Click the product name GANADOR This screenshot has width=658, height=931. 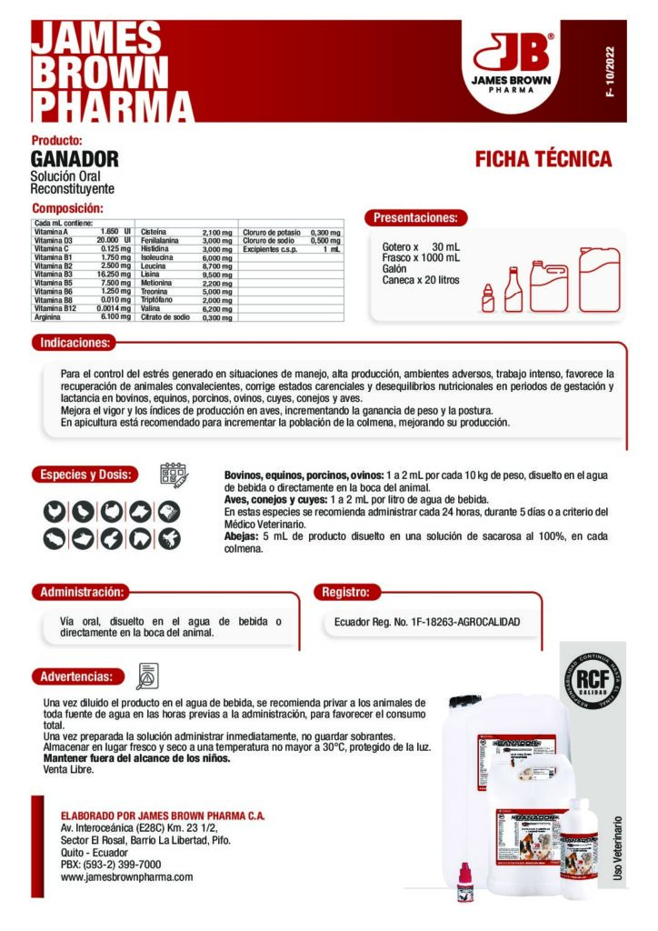[x=75, y=159]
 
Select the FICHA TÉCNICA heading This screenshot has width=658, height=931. [x=543, y=160]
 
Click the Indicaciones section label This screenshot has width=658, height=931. [x=75, y=344]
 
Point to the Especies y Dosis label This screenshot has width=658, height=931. [x=86, y=475]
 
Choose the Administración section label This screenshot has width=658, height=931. [x=80, y=592]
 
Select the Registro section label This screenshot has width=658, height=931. [x=345, y=592]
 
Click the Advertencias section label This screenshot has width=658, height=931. [x=76, y=676]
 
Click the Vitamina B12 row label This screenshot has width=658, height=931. [x=55, y=309]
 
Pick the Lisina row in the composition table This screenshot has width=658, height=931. [x=152, y=274]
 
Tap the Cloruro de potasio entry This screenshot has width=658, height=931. [x=271, y=233]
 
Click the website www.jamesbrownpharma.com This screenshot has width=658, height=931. [x=126, y=877]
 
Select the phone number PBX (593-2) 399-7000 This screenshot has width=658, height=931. [x=110, y=865]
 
